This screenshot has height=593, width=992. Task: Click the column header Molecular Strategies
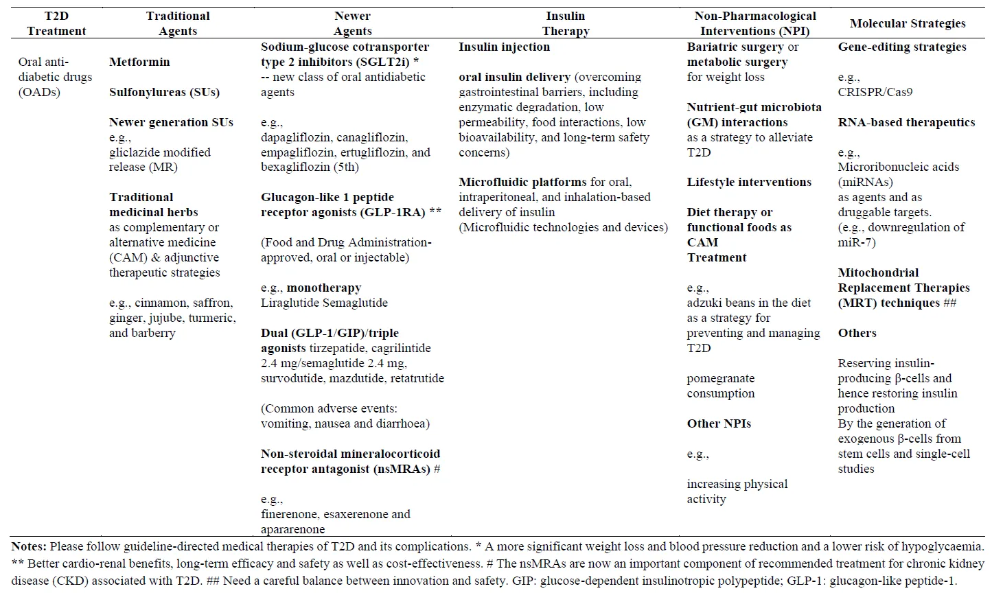pos(908,23)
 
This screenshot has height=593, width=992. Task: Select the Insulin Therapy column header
pos(565,23)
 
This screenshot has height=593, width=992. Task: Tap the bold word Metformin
pos(139,62)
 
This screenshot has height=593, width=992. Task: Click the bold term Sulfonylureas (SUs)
pos(164,92)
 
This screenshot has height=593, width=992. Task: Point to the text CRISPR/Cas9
pos(875,92)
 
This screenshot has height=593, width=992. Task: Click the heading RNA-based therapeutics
pos(906,122)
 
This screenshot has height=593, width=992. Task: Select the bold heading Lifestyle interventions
pos(749,182)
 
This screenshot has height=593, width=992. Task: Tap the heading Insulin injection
pos(504,47)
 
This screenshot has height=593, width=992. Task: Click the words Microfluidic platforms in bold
pos(522,182)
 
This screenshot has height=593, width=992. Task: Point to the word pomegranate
pos(720,378)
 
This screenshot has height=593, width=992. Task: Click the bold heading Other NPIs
pos(719,423)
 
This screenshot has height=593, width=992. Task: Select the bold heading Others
pos(857,333)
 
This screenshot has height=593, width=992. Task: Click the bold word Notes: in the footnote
pos(29,547)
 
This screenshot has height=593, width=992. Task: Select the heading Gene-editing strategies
pos(902,47)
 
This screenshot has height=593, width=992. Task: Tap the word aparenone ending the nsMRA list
pos(292,529)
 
